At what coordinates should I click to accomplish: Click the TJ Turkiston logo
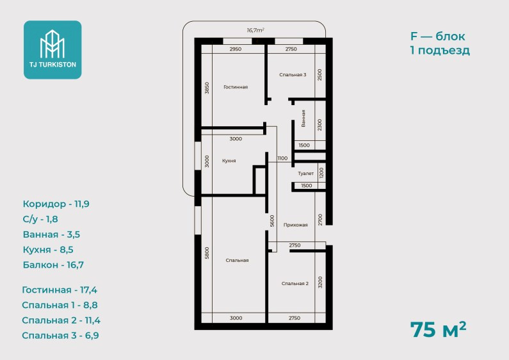point(53,50)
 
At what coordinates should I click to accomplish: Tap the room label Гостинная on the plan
point(236,87)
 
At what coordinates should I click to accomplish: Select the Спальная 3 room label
point(293,75)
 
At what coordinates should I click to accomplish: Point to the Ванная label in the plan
point(303,119)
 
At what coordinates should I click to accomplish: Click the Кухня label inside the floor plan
point(229,161)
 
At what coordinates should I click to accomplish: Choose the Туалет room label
point(306,174)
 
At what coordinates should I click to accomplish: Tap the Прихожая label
point(295,225)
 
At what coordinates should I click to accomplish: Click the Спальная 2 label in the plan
point(295,284)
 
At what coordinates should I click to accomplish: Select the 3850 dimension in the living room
point(207,88)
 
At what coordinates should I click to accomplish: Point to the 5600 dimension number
point(272,221)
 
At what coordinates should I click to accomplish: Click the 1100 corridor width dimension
point(282,158)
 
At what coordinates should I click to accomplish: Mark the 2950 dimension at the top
point(236,49)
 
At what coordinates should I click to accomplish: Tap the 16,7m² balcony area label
point(255,30)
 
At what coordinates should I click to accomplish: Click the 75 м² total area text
point(438,329)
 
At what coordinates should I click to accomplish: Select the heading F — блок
point(437,36)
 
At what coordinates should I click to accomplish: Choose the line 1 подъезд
point(440,51)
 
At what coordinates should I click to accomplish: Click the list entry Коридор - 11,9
point(56,204)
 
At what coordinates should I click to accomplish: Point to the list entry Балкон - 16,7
point(53,265)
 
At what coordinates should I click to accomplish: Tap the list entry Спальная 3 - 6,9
point(60,335)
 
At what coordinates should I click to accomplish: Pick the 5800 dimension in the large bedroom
point(207,253)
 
